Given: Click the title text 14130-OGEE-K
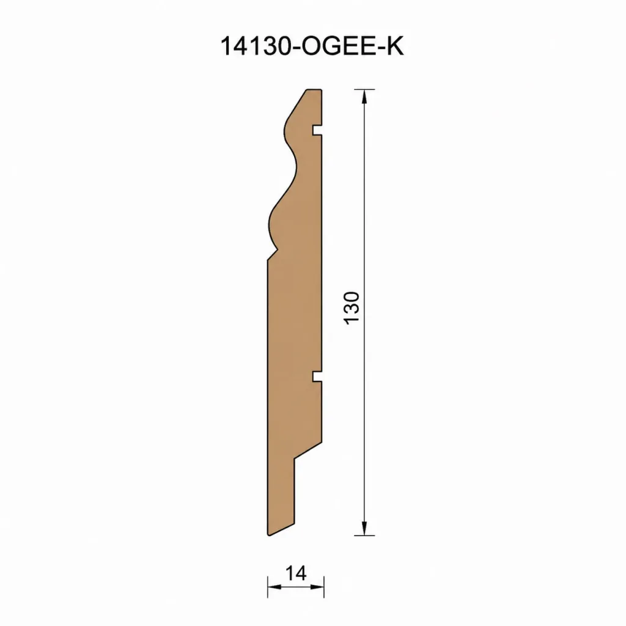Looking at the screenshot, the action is pos(312,46).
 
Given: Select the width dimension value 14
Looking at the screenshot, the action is pos(296,573).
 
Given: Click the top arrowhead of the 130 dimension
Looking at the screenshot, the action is pos(364,97).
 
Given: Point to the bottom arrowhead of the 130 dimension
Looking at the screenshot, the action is pos(364,528).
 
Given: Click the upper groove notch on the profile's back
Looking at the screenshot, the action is pos(317,130).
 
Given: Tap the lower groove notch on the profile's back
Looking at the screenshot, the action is pos(317,376).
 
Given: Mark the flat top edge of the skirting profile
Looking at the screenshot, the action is pos(314,90).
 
